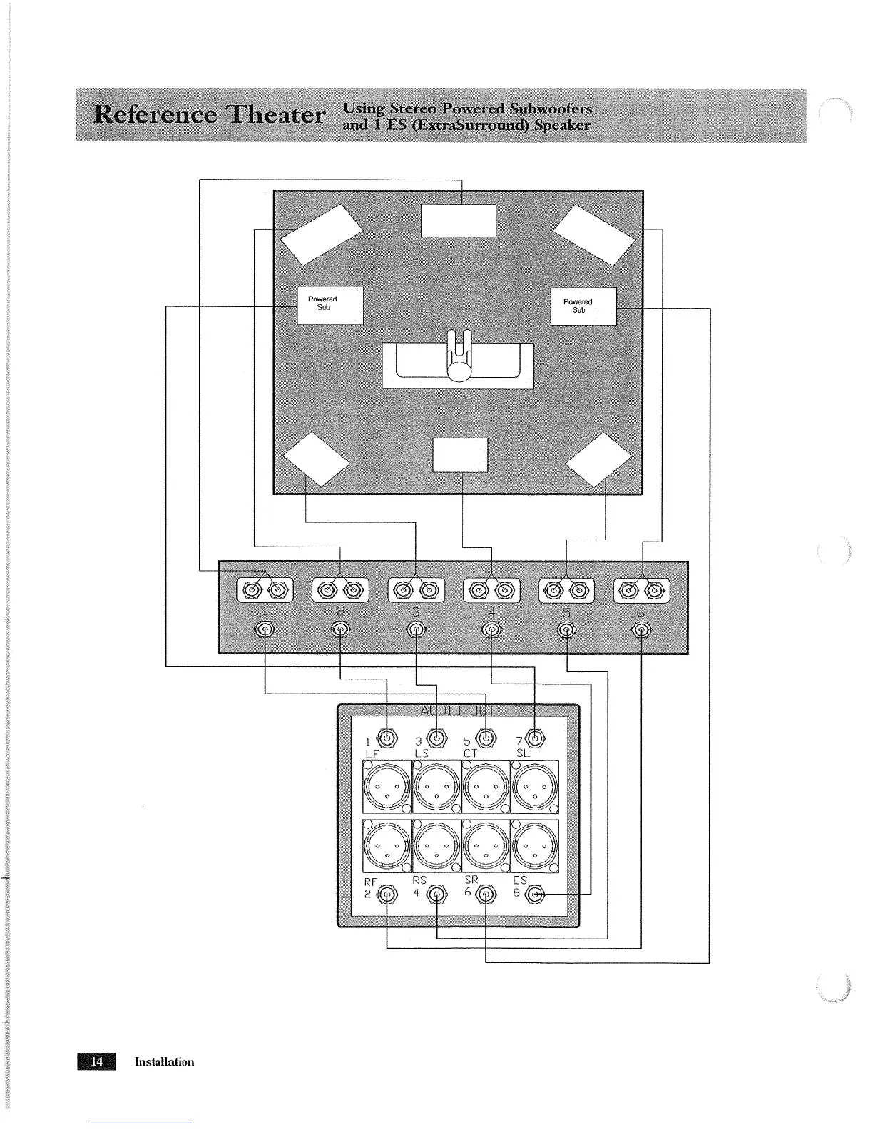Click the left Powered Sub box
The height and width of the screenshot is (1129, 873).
(x=330, y=305)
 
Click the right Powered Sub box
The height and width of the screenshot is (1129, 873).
(x=583, y=306)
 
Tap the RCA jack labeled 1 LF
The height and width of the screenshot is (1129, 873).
(x=387, y=738)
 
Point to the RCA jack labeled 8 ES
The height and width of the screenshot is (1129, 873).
(x=536, y=895)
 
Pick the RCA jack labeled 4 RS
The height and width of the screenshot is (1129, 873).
(x=436, y=895)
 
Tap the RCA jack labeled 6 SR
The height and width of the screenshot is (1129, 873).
(x=486, y=895)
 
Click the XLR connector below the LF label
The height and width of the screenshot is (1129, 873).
(x=387, y=787)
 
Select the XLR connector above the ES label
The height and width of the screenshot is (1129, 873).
(x=535, y=846)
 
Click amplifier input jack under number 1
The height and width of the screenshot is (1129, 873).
(x=265, y=629)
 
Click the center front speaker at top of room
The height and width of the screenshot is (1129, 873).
(x=459, y=220)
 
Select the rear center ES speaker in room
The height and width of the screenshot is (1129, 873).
(x=460, y=454)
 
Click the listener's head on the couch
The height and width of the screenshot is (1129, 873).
(x=460, y=371)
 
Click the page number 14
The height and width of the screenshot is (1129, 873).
(x=98, y=1061)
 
